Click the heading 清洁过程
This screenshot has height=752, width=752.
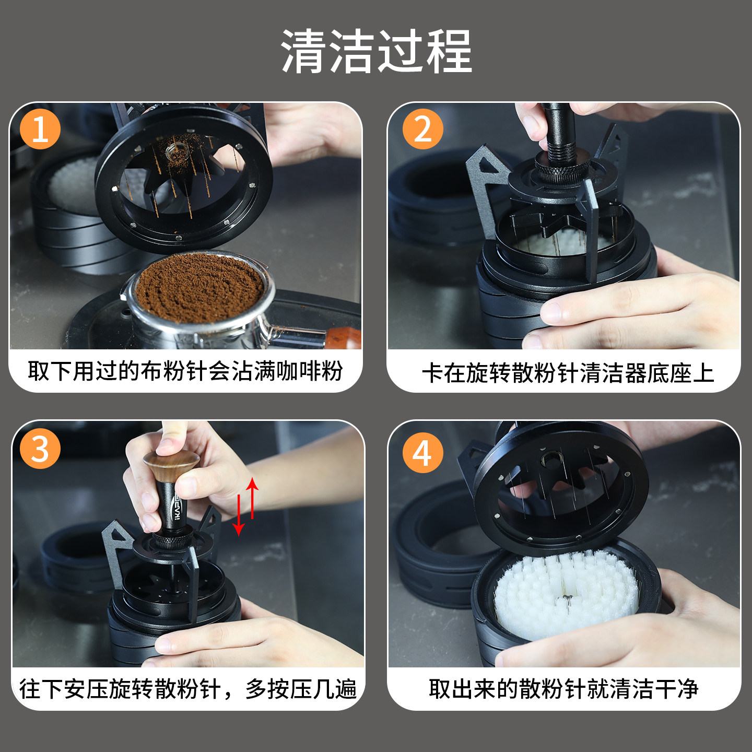pyautogui.click(x=376, y=51)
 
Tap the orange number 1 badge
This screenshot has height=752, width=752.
pyautogui.click(x=40, y=129)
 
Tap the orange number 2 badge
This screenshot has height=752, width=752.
pyautogui.click(x=423, y=129)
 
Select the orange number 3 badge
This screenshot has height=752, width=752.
pyautogui.click(x=40, y=449)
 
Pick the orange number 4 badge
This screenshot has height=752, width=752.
pyautogui.click(x=423, y=453)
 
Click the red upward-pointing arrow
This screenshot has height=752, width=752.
pyautogui.click(x=252, y=498)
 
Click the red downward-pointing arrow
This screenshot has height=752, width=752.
pyautogui.click(x=239, y=515)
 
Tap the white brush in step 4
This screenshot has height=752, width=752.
pyautogui.click(x=566, y=594)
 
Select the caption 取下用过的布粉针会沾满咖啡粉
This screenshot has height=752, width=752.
pyautogui.click(x=185, y=371)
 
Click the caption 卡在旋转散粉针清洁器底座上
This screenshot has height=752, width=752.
pyautogui.click(x=568, y=373)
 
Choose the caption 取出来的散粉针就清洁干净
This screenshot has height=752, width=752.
pyautogui.click(x=563, y=689)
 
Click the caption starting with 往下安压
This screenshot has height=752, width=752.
pyautogui.click(x=187, y=689)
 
